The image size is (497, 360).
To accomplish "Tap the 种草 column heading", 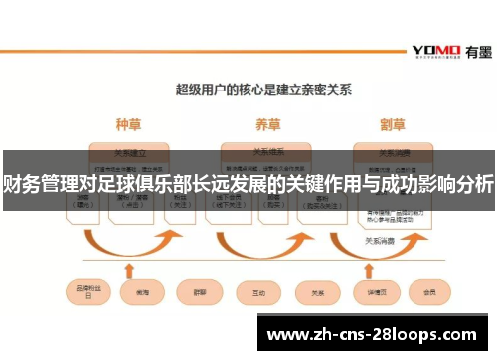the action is coord(128,125).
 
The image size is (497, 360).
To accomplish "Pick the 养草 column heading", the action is coord(266,125).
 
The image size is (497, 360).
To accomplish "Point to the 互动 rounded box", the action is coord(258,293).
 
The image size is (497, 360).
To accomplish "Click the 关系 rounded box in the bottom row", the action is coord(317,293).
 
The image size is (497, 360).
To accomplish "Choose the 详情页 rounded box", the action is coord(376,293).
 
